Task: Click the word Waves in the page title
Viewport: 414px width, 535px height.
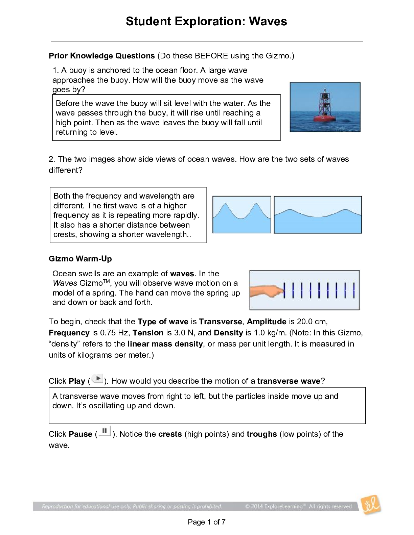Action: pos(268,21)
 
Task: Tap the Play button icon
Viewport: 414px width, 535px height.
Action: pos(97,379)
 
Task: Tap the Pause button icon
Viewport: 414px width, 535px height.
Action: pos(105,431)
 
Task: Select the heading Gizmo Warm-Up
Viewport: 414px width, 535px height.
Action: pos(80,259)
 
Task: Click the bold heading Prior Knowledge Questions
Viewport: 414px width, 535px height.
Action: pos(101,56)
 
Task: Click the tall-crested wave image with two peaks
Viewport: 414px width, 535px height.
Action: pos(241,214)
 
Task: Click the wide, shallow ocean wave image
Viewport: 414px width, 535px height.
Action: pos(318,215)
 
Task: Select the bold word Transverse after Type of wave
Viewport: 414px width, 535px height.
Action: pos(220,322)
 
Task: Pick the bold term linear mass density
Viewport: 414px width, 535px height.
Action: pos(165,344)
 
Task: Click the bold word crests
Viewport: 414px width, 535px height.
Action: pos(170,434)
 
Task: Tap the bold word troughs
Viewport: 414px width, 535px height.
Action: pos(261,434)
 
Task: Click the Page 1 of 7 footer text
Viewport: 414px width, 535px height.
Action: pos(206,522)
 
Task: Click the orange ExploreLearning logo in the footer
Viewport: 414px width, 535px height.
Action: pos(371,505)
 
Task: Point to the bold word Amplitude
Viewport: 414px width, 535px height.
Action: pos(267,322)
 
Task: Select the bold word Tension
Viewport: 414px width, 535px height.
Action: pos(148,333)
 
